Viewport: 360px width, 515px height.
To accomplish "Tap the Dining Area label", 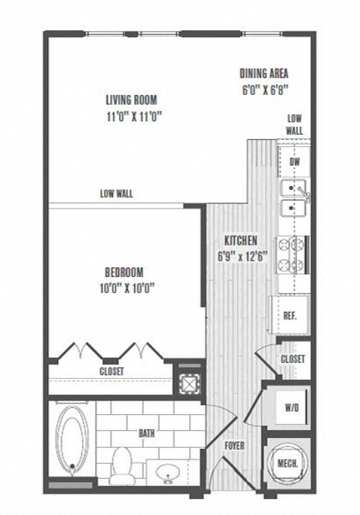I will (x=264, y=73).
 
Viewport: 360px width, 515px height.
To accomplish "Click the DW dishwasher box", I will (x=294, y=162).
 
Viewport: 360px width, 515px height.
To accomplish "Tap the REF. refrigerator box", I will (x=289, y=315).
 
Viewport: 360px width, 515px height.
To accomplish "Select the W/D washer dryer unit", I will (x=291, y=407).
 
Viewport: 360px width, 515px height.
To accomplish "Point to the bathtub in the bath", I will (x=73, y=440).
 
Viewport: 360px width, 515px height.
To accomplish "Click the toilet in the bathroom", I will (x=121, y=467).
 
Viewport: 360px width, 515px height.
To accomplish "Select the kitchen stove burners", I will (x=291, y=254).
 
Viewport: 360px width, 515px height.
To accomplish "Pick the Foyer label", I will (x=235, y=445).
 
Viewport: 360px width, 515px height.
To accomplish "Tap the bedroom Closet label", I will (x=111, y=371).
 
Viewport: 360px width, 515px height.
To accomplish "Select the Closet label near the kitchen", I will (x=293, y=359).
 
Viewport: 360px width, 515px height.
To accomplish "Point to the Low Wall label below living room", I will (x=116, y=194).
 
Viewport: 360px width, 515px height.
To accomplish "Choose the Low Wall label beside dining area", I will (x=294, y=124).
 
